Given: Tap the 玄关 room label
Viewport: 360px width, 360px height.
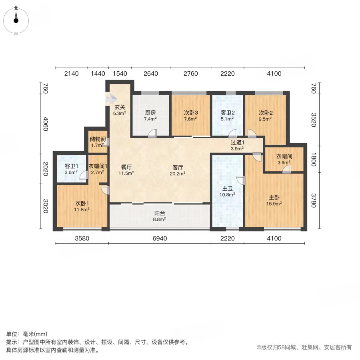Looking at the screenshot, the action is point(120,107).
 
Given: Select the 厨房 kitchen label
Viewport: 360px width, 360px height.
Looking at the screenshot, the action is point(150,113).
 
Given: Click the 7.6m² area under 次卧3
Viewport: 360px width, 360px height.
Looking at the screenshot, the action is point(190,119).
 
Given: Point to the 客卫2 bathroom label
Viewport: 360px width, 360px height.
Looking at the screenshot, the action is point(228,113).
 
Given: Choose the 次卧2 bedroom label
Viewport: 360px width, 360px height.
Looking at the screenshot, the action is point(266,113).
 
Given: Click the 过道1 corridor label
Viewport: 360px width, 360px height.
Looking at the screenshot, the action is point(237,142).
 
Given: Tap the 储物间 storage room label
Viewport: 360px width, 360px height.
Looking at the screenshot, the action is point(98,139).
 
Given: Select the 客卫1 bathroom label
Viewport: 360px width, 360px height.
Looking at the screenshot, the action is point(72,166).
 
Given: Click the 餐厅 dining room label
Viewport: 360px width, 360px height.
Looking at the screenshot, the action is point(126,167).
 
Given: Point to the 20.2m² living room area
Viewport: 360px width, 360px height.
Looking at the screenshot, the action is point(178,174).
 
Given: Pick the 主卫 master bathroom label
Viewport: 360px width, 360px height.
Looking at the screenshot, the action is point(227,189).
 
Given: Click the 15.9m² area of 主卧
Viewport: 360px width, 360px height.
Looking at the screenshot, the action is point(274,204).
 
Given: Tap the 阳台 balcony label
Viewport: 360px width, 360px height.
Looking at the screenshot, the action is point(160,213).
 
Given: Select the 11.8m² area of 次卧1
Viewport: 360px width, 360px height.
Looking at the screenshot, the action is point(82,209).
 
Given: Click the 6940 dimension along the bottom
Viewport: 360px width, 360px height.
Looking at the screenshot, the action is point(160,238).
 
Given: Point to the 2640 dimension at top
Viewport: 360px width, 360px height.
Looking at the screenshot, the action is point(151,74).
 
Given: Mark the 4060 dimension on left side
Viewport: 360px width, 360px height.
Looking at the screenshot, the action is point(46,124).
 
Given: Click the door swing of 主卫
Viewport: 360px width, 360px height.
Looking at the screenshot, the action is point(241,180).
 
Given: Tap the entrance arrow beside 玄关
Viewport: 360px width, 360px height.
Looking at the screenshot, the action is point(112,99).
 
